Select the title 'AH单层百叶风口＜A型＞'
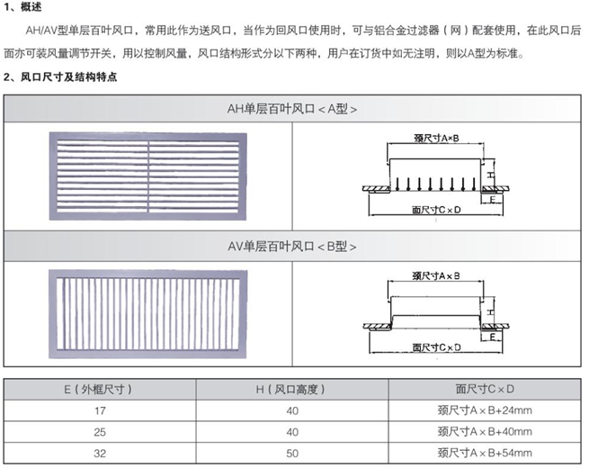[293, 109]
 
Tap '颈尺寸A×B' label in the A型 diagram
[435, 139]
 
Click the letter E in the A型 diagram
[494, 201]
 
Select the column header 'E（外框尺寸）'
[99, 390]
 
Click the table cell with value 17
[99, 410]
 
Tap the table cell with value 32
[99, 452]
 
